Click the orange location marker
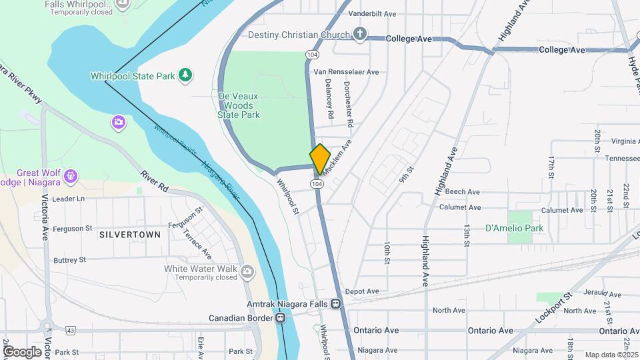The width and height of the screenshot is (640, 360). coord(320,159)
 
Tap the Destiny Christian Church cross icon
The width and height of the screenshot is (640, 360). coord(360,34)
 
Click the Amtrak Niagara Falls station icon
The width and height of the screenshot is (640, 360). coord(336,303)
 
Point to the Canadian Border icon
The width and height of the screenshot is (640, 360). coord(281,318)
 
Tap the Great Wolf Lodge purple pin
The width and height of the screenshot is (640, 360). coord(71,176)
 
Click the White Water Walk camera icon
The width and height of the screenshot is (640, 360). coord(248,271)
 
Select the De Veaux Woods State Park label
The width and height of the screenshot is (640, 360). coord(239,105)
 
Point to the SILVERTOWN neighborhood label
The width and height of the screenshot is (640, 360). coord(130,235)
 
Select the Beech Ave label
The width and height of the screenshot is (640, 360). coord(463,192)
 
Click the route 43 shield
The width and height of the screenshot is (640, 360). coord(71,330)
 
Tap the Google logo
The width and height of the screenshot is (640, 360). coord(22,351)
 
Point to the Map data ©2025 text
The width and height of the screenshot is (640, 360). coord(611,355)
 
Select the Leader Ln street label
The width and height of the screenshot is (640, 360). coord(69,199)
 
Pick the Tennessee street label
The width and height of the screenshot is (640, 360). coord(622,158)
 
